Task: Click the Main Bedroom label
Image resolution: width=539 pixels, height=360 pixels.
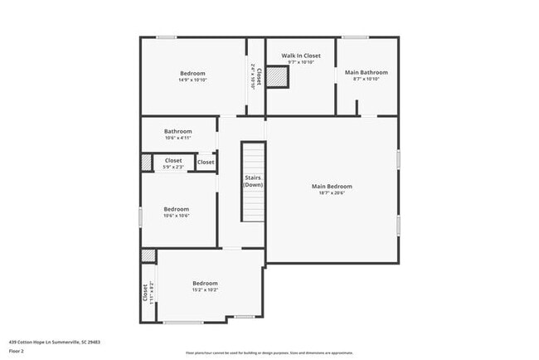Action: pos(332,186)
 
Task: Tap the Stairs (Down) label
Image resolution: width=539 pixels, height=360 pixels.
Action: pos(253,181)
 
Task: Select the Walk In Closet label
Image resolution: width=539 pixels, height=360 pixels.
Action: pos(300,56)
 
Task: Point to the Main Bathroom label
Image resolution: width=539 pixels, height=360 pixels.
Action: pos(366,72)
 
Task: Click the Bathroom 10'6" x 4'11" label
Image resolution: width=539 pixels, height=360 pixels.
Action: pos(177,131)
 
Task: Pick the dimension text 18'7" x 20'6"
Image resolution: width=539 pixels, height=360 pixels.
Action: pos(332,193)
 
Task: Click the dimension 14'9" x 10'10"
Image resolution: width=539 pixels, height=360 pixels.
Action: pos(192,80)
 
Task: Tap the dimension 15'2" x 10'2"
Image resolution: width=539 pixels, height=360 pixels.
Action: pos(205,289)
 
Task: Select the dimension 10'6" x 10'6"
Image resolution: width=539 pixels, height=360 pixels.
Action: pos(176,216)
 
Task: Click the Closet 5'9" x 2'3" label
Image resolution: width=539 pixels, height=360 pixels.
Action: pos(173,160)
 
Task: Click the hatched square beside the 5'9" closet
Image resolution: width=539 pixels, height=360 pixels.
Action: pos(147,163)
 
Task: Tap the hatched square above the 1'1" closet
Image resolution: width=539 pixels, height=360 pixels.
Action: pos(148,255)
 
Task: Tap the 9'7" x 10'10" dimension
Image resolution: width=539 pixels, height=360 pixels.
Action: pos(300,62)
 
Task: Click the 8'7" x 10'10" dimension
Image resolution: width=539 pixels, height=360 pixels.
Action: pos(366,79)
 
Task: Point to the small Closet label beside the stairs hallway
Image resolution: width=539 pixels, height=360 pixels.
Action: pos(206,162)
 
